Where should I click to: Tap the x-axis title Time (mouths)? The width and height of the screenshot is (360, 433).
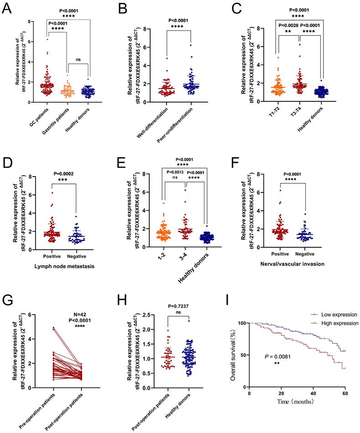click(297, 403)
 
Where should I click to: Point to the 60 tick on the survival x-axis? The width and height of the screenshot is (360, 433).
click(345, 393)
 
